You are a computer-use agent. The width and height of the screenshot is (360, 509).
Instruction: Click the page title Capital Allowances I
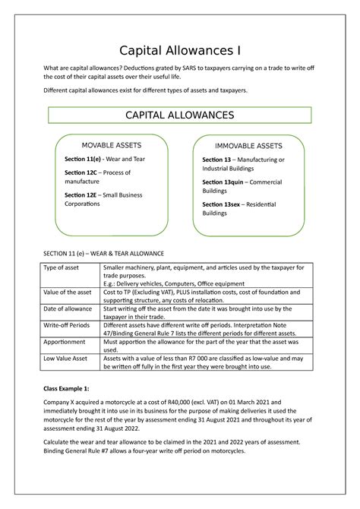click(x=180, y=52)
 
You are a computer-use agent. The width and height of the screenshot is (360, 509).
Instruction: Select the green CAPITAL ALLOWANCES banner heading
click(x=179, y=115)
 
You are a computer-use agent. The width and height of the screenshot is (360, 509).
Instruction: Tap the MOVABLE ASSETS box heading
click(x=111, y=145)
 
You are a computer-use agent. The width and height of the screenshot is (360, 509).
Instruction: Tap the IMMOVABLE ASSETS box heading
click(x=248, y=146)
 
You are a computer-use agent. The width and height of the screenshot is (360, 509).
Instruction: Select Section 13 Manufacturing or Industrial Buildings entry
click(x=243, y=164)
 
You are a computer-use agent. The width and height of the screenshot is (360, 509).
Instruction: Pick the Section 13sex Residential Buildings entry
click(x=238, y=209)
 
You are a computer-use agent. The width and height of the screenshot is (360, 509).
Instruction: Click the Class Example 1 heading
click(x=71, y=388)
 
